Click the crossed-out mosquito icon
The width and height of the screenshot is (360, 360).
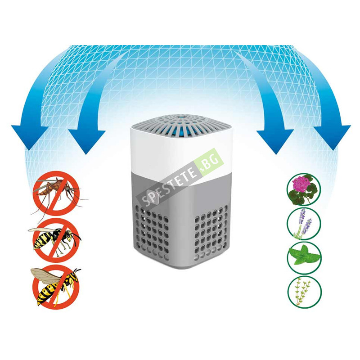tap(56, 193)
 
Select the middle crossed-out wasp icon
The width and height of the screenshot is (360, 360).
tap(56, 240)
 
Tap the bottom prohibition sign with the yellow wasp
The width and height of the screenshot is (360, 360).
tap(56, 287)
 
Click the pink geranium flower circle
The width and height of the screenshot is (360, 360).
tap(304, 190)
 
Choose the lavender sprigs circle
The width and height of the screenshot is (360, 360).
tap(304, 224)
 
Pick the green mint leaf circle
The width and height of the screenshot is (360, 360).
tap(304, 257)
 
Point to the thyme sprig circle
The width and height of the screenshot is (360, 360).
tap(304, 292)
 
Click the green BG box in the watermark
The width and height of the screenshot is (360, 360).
tap(209, 162)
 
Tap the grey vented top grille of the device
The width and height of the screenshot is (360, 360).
tap(181, 122)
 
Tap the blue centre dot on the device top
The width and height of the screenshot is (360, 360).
tap(181, 117)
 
